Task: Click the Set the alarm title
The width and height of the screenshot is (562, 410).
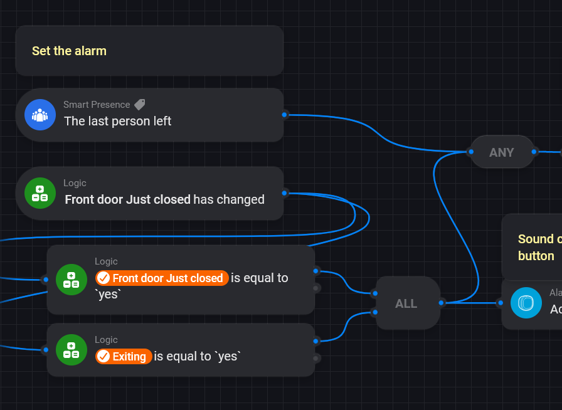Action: (x=69, y=51)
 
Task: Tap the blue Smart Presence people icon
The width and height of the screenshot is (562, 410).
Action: (x=40, y=115)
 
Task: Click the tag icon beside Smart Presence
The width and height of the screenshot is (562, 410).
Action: (x=139, y=105)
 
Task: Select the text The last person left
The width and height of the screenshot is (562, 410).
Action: (x=117, y=121)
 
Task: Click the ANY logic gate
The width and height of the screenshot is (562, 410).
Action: (x=502, y=152)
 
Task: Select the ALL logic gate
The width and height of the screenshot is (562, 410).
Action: (x=406, y=303)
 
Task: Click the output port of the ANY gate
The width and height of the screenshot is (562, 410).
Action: (x=534, y=151)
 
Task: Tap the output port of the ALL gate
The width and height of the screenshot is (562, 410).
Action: (x=442, y=303)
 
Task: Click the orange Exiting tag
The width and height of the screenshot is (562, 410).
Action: (x=124, y=357)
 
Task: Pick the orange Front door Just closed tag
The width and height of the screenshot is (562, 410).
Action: (x=161, y=278)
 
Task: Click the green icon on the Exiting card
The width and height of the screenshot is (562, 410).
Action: (x=72, y=350)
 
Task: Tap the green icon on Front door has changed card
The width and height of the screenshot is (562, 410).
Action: (x=40, y=193)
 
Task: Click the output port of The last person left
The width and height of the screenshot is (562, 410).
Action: (x=285, y=114)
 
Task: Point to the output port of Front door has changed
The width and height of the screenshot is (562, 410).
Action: (x=285, y=192)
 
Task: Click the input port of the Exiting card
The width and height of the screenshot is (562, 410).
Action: (x=45, y=350)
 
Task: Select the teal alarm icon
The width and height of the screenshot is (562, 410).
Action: (x=526, y=303)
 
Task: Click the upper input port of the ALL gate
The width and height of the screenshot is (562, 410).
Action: (x=374, y=293)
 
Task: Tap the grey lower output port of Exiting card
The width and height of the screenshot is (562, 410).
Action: (x=316, y=358)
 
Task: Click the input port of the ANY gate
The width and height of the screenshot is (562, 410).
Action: (x=470, y=151)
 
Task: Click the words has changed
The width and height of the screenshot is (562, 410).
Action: (x=229, y=199)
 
